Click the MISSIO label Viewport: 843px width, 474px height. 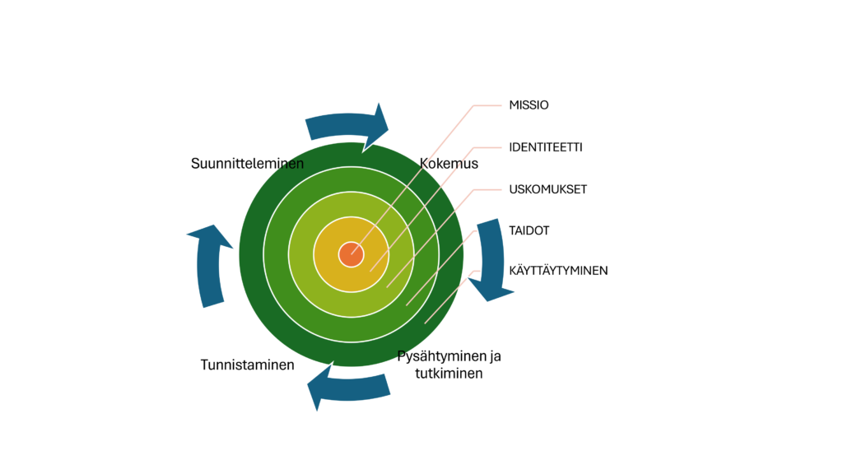pyautogui.click(x=529, y=105)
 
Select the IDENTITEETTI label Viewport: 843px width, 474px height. pyautogui.click(x=546, y=147)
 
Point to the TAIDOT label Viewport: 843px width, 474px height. pyautogui.click(x=529, y=230)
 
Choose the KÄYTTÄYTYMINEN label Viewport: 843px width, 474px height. pyautogui.click(x=558, y=270)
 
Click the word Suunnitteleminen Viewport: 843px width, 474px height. pyautogui.click(x=247, y=163)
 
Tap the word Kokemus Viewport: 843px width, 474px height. pyautogui.click(x=449, y=163)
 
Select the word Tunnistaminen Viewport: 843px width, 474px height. pyautogui.click(x=247, y=365)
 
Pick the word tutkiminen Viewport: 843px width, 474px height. pyautogui.click(x=449, y=373)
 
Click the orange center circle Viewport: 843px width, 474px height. pyautogui.click(x=351, y=254)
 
